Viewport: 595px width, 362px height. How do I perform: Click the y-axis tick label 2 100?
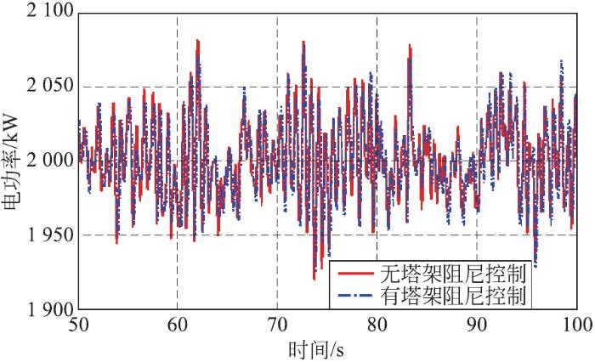point(46,12)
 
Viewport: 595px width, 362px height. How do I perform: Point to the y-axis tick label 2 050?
point(46,87)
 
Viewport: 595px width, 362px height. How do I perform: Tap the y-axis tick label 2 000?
point(46,161)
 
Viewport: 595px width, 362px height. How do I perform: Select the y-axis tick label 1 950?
point(46,235)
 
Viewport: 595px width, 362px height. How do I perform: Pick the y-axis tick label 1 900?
point(46,309)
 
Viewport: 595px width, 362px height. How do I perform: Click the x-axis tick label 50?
point(77,325)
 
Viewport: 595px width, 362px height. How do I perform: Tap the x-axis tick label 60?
point(177,325)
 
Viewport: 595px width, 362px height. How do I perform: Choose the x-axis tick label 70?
point(277,325)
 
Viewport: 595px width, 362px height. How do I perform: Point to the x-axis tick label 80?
point(377,325)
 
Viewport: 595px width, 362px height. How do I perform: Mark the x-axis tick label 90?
point(477,325)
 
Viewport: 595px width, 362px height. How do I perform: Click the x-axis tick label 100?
point(577,325)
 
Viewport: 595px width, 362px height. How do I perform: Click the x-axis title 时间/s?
point(327,348)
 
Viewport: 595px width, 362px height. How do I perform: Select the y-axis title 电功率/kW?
point(13,161)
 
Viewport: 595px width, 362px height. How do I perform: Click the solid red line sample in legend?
point(354,274)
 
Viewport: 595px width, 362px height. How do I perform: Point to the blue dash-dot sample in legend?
point(354,296)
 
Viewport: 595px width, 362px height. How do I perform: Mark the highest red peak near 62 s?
point(197,40)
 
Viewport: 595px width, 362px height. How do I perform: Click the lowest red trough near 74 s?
point(314,279)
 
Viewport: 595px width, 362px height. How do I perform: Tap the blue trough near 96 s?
point(535,266)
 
